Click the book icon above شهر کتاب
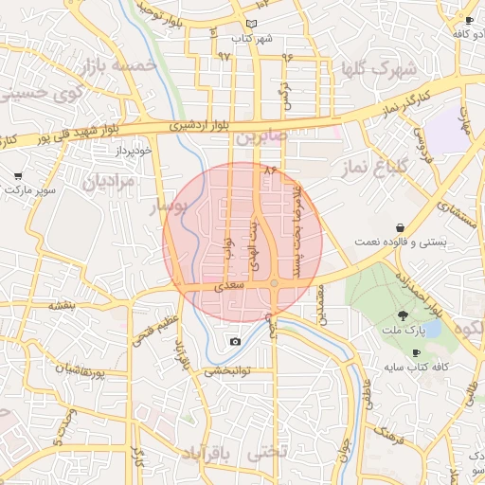[x=250, y=24]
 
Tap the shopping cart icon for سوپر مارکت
[x=18, y=176]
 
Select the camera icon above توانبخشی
[x=235, y=341]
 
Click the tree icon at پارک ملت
[x=404, y=314]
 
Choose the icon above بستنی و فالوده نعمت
[x=404, y=228]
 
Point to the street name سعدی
[x=231, y=284]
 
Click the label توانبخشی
[x=227, y=371]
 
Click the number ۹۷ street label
[x=225, y=57]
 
